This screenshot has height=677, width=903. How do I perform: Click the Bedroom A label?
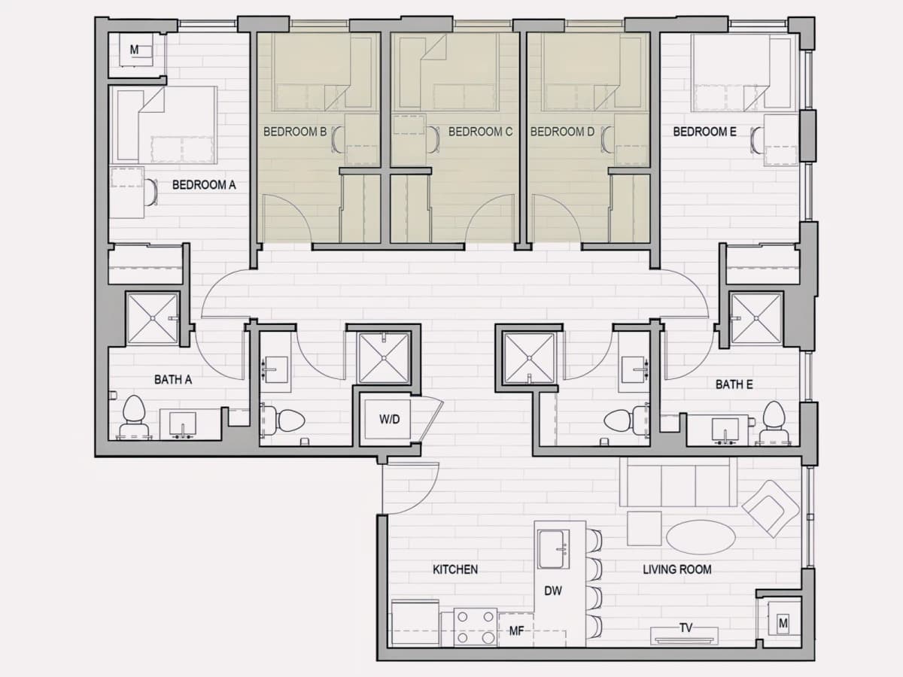pyautogui.click(x=204, y=185)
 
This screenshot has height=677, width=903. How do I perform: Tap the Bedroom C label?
pyautogui.click(x=480, y=132)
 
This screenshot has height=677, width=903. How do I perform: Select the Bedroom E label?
pyautogui.click(x=704, y=132)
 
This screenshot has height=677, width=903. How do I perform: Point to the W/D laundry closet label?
pyautogui.click(x=389, y=419)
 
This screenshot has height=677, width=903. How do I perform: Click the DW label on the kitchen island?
pyautogui.click(x=553, y=590)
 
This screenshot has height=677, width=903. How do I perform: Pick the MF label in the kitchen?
pyautogui.click(x=516, y=631)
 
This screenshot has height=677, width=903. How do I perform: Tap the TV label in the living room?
pyautogui.click(x=686, y=627)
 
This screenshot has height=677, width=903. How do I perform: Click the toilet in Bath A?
pyautogui.click(x=134, y=416)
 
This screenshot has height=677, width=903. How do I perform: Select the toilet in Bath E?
pyautogui.click(x=774, y=422)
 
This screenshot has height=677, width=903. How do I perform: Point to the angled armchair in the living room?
pyautogui.click(x=771, y=509)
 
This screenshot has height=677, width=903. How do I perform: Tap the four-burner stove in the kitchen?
pyautogui.click(x=476, y=627)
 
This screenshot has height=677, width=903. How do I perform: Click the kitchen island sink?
pyautogui.click(x=554, y=549)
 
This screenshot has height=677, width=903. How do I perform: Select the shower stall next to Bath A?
pyautogui.click(x=153, y=318)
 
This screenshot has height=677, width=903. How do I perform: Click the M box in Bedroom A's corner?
pyautogui.click(x=135, y=50)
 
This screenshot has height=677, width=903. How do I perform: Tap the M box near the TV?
pyautogui.click(x=783, y=623)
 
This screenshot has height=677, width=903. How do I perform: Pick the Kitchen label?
pyautogui.click(x=455, y=569)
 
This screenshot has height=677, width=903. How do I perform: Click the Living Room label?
pyautogui.click(x=677, y=569)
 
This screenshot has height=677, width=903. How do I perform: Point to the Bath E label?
pyautogui.click(x=734, y=384)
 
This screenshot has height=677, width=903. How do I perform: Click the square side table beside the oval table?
pyautogui.click(x=644, y=528)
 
